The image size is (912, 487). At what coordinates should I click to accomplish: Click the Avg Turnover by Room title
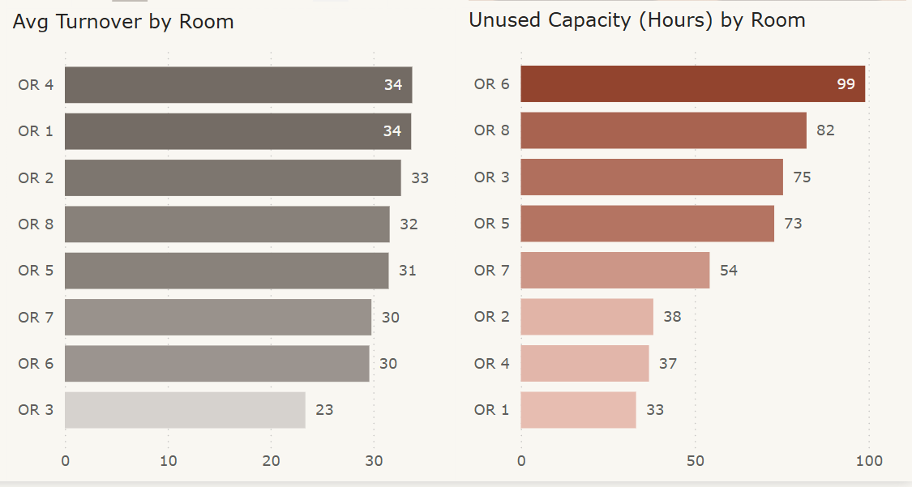[x=123, y=22]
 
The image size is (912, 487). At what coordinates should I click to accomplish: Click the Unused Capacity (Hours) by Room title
[x=636, y=20]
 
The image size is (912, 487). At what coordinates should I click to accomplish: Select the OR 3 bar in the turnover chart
[x=185, y=410]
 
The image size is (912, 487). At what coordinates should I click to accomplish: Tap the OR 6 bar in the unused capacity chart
[x=692, y=84]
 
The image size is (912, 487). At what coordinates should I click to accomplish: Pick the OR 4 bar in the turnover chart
[x=238, y=85]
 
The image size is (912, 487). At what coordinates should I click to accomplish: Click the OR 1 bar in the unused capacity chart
[x=578, y=410]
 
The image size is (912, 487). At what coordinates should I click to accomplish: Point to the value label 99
[x=846, y=84]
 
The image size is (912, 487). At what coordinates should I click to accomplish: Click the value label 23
[x=324, y=410]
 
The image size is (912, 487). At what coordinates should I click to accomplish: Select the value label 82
[x=825, y=130]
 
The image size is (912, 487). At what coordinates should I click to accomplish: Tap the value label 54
[x=729, y=270]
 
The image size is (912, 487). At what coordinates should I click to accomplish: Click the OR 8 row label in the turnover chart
[x=36, y=224]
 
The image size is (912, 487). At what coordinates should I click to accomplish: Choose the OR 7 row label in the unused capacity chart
[x=491, y=270]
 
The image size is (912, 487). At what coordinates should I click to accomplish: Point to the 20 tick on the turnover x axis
[x=271, y=461]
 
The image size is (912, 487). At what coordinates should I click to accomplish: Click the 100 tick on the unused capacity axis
[x=869, y=461]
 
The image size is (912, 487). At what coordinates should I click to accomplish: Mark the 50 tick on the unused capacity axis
[x=695, y=461]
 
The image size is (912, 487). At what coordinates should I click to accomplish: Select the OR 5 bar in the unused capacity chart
[x=647, y=224]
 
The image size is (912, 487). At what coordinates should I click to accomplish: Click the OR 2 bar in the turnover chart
[x=233, y=177]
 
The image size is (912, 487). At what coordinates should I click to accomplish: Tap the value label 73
[x=793, y=224]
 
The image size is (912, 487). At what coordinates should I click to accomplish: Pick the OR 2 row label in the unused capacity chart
[x=491, y=317]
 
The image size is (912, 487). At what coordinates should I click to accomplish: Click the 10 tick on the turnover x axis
[x=168, y=461]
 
